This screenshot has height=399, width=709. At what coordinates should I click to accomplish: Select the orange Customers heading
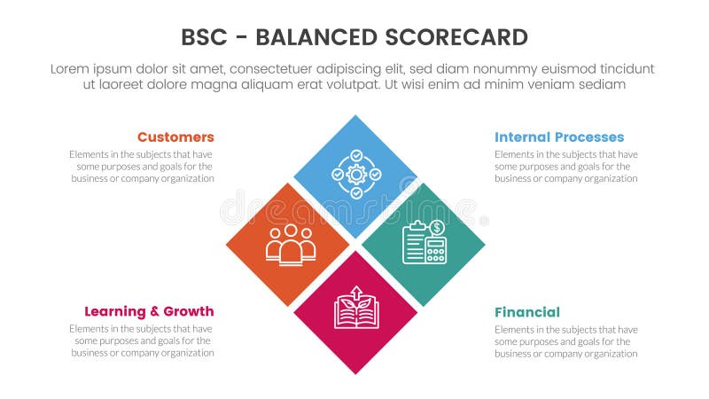tap(175, 137)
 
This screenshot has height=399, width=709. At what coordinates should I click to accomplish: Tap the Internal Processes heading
tap(559, 137)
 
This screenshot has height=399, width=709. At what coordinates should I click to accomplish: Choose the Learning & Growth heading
tap(149, 311)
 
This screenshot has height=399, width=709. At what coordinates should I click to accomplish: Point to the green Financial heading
tap(527, 312)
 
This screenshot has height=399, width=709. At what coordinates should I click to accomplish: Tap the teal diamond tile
tap(424, 244)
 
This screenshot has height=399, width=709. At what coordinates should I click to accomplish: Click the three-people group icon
tap(291, 245)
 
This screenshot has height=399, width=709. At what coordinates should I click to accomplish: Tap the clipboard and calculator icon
tap(425, 242)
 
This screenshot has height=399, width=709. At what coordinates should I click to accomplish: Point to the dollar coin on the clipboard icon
tap(437, 227)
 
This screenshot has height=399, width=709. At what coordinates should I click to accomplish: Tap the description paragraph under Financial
tap(565, 341)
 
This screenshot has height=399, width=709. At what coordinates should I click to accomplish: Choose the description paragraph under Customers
tap(142, 166)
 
